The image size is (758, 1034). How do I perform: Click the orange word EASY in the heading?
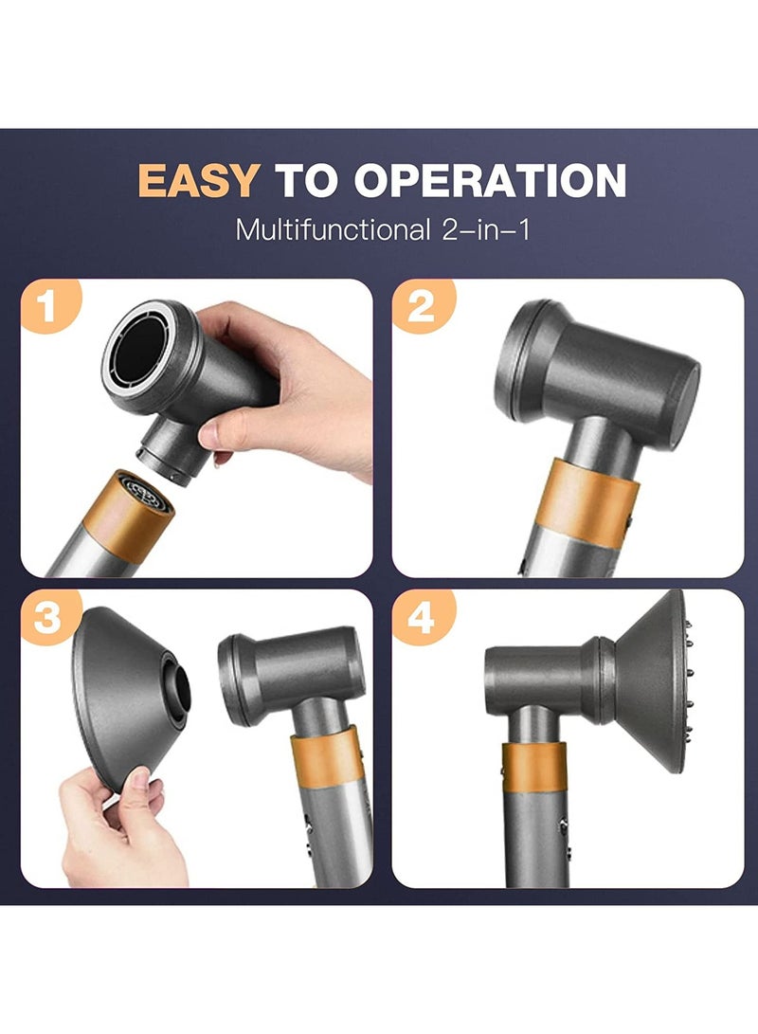click(x=197, y=180)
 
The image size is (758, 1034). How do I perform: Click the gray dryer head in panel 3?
click(x=294, y=673)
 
